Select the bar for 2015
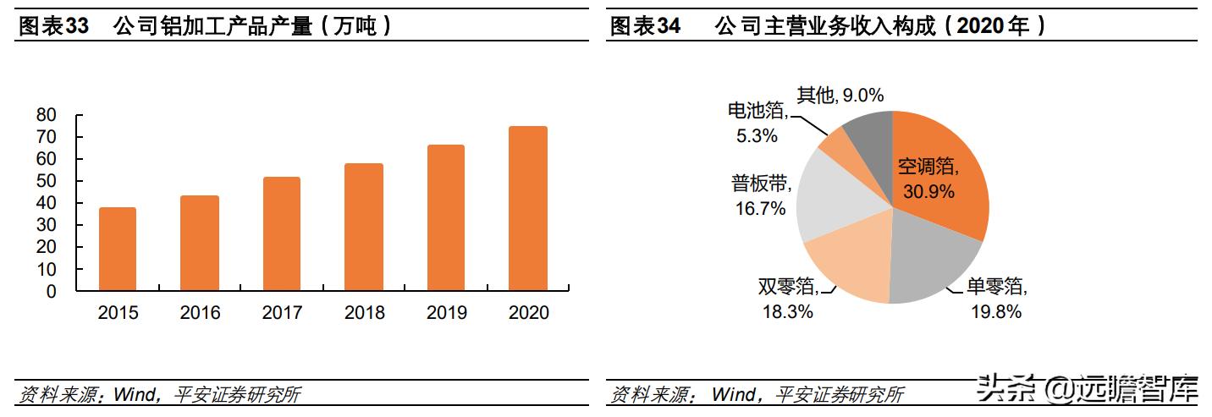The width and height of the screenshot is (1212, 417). tap(118, 250)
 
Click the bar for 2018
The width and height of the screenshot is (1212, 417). tap(364, 228)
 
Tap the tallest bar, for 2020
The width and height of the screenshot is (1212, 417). tap(528, 209)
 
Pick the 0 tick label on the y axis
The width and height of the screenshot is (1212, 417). tap(51, 291)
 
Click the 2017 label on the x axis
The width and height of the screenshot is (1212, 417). tap(282, 313)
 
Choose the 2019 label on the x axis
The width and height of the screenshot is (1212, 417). tap(446, 313)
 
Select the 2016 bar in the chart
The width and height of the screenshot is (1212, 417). tap(200, 244)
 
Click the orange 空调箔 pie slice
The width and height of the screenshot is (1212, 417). tap(939, 182)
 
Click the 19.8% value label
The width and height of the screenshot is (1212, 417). tap(996, 312)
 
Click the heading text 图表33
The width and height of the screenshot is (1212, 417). tap(53, 26)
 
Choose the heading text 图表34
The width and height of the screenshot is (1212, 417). tap(645, 26)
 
